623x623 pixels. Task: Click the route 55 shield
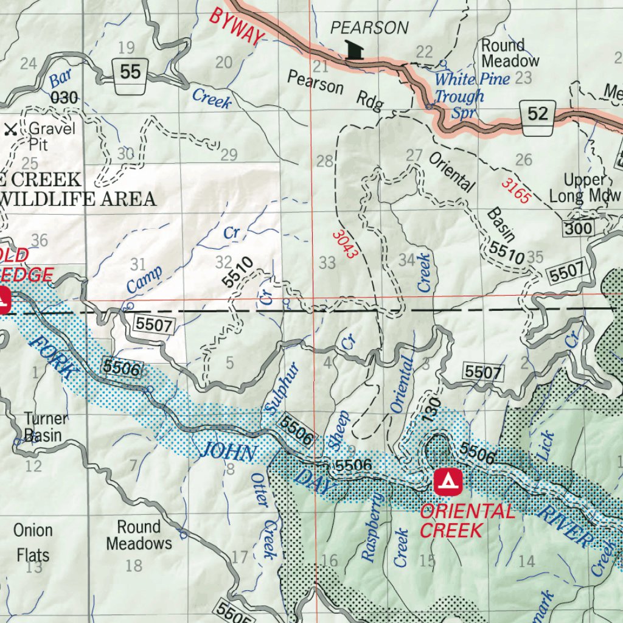(x=130, y=73)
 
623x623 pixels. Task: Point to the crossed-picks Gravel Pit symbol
(x=10, y=129)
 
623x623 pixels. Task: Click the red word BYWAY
(x=237, y=26)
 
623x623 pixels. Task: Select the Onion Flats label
(x=33, y=543)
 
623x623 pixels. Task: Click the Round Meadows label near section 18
(x=139, y=535)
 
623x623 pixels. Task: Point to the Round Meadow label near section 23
(x=510, y=54)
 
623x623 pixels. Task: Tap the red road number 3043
(x=343, y=243)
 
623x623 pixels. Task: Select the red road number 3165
(x=517, y=190)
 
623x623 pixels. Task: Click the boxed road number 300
(x=577, y=229)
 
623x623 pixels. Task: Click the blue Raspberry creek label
(x=372, y=527)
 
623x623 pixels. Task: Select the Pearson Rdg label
(x=336, y=91)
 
